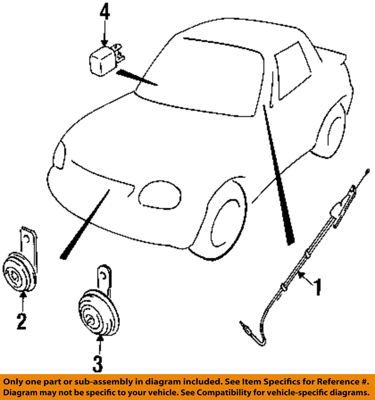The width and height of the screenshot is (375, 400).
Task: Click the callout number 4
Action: click(x=105, y=12)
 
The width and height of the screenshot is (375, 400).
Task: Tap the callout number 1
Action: click(x=317, y=287)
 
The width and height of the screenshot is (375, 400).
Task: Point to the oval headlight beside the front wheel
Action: click(x=160, y=195)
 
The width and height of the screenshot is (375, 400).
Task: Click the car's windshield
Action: click(x=201, y=76)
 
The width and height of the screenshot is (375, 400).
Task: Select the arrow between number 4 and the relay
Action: click(x=104, y=33)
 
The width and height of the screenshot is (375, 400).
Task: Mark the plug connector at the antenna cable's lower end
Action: click(x=245, y=328)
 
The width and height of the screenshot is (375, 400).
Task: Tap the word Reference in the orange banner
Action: click(x=336, y=382)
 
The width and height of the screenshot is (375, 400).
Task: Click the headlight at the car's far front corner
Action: click(x=59, y=154)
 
